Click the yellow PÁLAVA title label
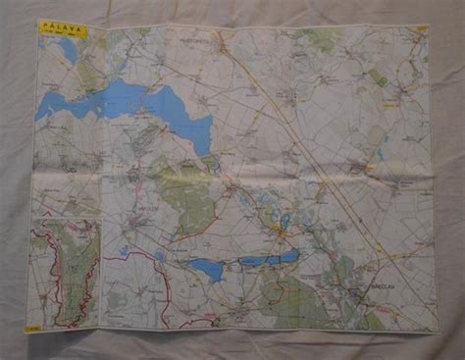click(62, 29)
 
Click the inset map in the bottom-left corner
click(65, 273)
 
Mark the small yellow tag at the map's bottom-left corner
click(33, 328)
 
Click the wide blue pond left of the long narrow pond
click(206, 268)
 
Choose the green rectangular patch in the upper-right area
click(379, 77)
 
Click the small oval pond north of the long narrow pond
click(285, 223)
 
